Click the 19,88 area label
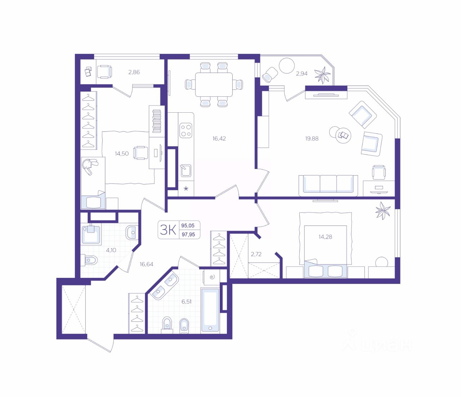click(x=312, y=139)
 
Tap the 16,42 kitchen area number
click(x=219, y=139)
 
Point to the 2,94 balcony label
click(x=301, y=73)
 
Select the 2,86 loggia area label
click(x=134, y=72)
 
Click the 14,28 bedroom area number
click(x=325, y=237)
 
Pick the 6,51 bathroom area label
click(x=187, y=302)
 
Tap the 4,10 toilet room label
click(x=111, y=250)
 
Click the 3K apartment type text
click(x=168, y=230)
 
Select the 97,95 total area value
click(x=188, y=234)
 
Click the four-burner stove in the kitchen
click(x=186, y=130)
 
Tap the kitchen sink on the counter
click(x=186, y=171)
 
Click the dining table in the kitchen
click(x=214, y=85)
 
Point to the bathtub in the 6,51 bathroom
click(x=210, y=310)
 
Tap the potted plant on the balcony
click(x=322, y=76)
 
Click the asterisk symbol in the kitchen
click(x=186, y=189)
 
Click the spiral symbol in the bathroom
click(x=212, y=277)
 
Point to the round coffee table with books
click(x=344, y=136)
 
